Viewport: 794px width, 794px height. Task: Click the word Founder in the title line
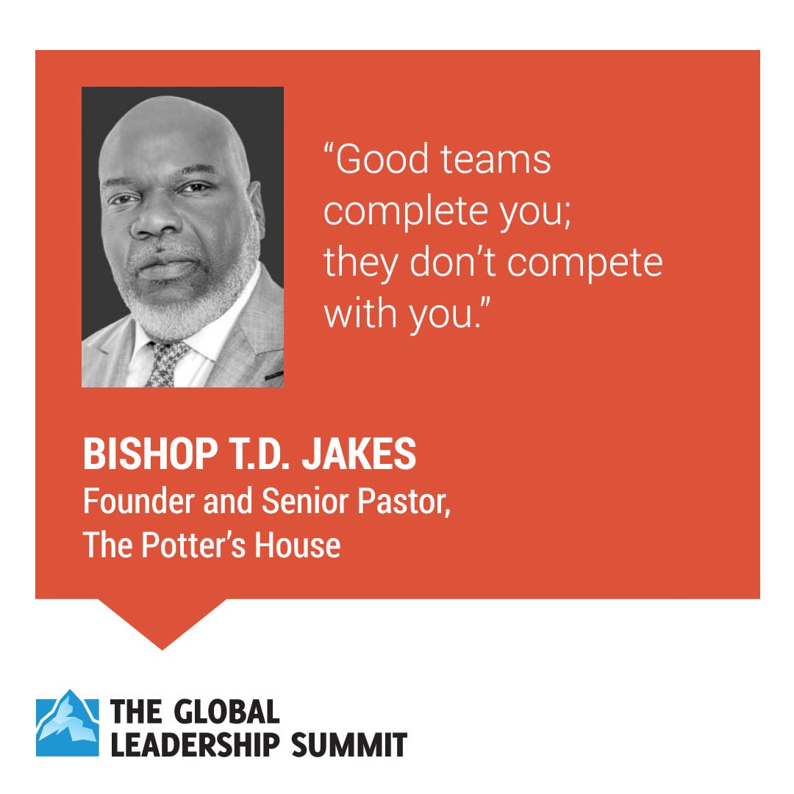tap(138, 501)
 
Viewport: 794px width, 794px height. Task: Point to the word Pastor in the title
tap(404, 501)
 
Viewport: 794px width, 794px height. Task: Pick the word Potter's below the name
tap(193, 545)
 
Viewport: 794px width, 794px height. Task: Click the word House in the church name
tap(297, 545)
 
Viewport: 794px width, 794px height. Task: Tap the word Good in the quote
tap(381, 159)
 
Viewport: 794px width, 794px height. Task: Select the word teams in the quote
tap(496, 160)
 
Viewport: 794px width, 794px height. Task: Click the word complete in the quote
tap(406, 212)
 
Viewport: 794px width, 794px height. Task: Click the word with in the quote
tap(360, 313)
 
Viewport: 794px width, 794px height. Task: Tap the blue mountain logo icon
tap(68, 723)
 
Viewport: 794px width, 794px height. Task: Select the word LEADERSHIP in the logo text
tap(195, 744)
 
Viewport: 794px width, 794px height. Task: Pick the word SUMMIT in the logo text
tap(349, 744)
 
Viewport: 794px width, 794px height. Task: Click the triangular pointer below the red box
tap(162, 620)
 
